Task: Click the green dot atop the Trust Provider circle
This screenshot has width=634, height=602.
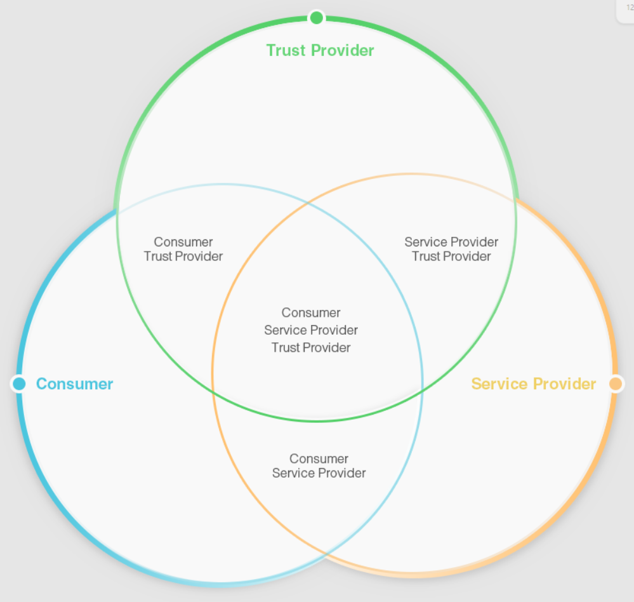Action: (317, 17)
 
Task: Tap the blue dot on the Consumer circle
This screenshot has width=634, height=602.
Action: (19, 384)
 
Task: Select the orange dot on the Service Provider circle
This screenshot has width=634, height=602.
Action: (615, 384)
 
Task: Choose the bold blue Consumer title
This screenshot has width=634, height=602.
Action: (75, 384)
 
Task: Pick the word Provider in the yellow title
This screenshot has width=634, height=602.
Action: (564, 384)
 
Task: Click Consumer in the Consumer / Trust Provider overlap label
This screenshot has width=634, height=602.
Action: (183, 242)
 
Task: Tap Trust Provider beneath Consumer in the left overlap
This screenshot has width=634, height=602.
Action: (183, 257)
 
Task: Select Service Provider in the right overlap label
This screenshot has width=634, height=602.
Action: (451, 242)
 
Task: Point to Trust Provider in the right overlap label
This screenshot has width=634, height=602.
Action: (451, 257)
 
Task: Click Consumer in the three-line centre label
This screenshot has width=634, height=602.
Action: (311, 312)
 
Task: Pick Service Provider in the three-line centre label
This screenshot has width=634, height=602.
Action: (311, 330)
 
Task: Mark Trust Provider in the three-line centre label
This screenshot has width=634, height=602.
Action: (311, 347)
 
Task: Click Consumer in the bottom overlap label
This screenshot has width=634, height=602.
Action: (319, 458)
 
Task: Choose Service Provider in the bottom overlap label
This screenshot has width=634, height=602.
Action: (319, 473)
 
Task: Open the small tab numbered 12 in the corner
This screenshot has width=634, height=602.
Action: (628, 8)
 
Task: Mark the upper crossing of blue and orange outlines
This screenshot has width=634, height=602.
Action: (308, 204)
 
